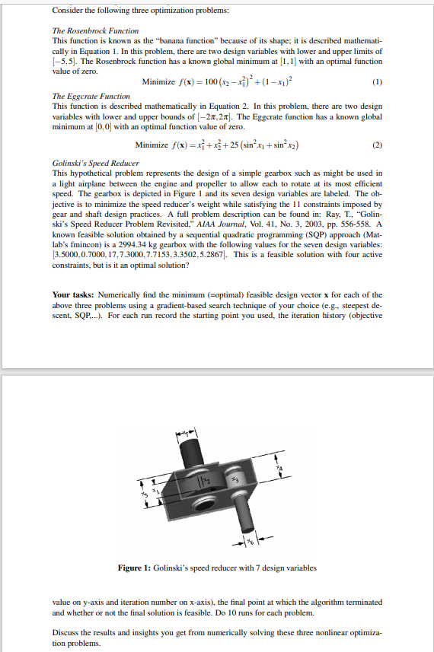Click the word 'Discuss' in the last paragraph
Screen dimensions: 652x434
click(x=65, y=633)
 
